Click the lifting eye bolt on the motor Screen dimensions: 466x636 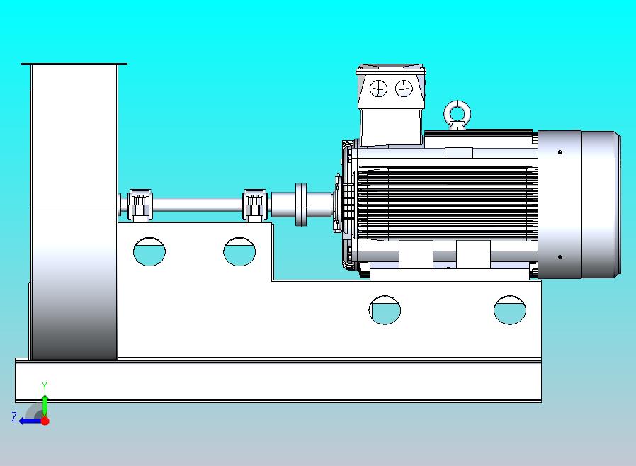pos(456,113)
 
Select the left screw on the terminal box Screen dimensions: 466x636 pos(379,89)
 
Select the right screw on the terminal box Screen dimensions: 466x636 pos(404,89)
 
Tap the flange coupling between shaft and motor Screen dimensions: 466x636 pos(302,205)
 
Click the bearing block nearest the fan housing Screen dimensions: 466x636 pos(140,205)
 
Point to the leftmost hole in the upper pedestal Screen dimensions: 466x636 pos(149,251)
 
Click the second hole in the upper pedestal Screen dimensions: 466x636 pos(239,251)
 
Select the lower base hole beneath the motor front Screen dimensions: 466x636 pos(385,310)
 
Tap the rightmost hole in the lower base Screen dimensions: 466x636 pos(510,310)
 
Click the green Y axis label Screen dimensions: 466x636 pos(45,387)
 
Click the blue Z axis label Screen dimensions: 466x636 pos(13,417)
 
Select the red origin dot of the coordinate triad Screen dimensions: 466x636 pos(45,421)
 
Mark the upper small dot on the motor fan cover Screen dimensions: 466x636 pos(560,152)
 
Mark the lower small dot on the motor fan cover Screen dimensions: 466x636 pos(560,257)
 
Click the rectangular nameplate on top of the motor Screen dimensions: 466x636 pos(458,152)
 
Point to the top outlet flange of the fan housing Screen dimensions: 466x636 pos(74,64)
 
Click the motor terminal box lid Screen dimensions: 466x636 pos(392,69)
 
